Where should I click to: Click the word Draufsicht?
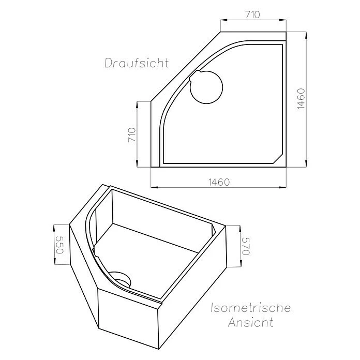coord(137,64)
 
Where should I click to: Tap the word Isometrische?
coord(250,309)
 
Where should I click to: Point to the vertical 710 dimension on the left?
coord(131,135)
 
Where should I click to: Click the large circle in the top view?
coord(206,88)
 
